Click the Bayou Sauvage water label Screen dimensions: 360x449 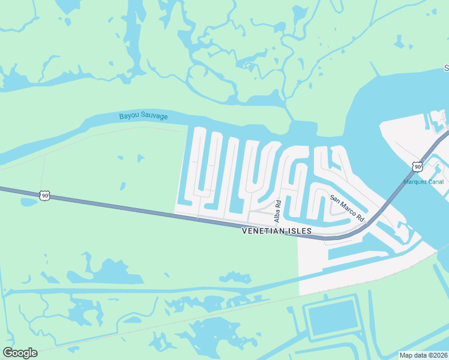143,116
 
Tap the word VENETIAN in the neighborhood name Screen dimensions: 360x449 264,231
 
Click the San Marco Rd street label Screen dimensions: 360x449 348,208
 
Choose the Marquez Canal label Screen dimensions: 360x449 423,182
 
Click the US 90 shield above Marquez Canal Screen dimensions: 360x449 417,166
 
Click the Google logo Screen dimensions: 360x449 20,353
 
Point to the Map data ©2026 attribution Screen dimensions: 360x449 423,355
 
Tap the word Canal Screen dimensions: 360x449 435,182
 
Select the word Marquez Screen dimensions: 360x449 415,182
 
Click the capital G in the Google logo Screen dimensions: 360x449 8,353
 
